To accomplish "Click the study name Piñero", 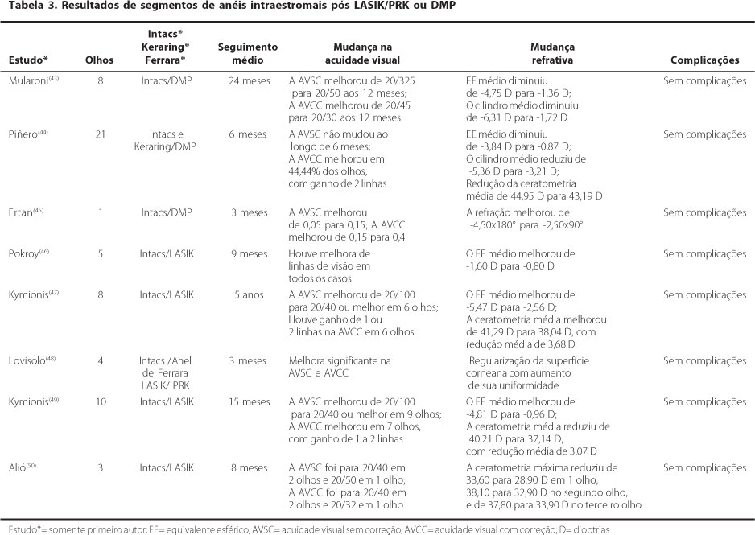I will [x=26, y=134].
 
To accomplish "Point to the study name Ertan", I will [x=23, y=212].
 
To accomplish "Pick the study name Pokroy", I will [x=27, y=254].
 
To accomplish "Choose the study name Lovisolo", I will [x=30, y=361].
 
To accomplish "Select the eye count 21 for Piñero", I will [x=101, y=134].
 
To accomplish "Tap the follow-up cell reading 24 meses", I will [x=248, y=81].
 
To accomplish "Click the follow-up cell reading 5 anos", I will [x=248, y=295].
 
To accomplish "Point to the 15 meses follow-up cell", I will [x=248, y=401].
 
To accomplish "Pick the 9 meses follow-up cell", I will [x=248, y=254].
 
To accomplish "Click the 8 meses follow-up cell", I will [x=248, y=467].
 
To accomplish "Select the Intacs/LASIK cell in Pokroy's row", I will [x=167, y=254].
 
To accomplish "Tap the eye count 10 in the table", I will [x=101, y=401].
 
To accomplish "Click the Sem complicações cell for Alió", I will [x=704, y=467].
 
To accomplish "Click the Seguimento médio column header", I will [x=248, y=54].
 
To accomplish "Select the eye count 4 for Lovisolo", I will [x=101, y=361].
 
